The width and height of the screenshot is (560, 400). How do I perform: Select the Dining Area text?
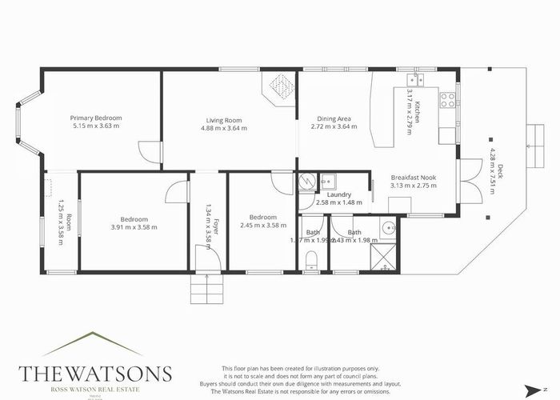[x=330, y=120]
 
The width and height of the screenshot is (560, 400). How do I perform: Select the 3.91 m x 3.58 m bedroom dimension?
[x=133, y=227]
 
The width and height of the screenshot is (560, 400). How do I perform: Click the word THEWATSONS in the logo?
[x=94, y=374]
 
